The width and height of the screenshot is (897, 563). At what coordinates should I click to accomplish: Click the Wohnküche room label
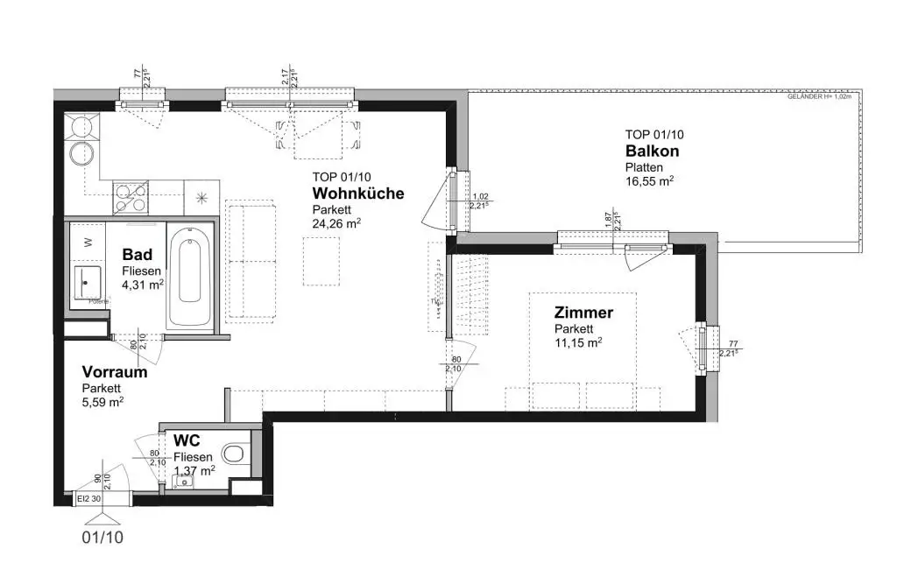click(358, 194)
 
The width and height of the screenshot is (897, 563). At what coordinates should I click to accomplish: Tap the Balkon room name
click(652, 151)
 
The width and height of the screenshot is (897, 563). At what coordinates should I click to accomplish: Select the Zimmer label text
click(583, 313)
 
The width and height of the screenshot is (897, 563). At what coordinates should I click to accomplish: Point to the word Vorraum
click(114, 372)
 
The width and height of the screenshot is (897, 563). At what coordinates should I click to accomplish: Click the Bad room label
click(137, 255)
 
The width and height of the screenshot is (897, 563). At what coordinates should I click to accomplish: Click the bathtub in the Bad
click(189, 277)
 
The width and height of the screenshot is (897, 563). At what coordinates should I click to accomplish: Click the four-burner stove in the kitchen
click(131, 197)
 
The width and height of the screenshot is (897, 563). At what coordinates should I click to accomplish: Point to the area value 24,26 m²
click(336, 223)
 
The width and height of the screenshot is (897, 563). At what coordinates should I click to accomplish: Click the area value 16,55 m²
click(649, 181)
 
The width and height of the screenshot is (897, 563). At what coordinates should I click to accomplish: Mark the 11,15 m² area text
click(577, 342)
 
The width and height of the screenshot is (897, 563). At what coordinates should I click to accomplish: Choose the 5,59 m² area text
click(102, 402)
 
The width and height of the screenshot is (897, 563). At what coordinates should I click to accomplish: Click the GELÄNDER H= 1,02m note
click(823, 98)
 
